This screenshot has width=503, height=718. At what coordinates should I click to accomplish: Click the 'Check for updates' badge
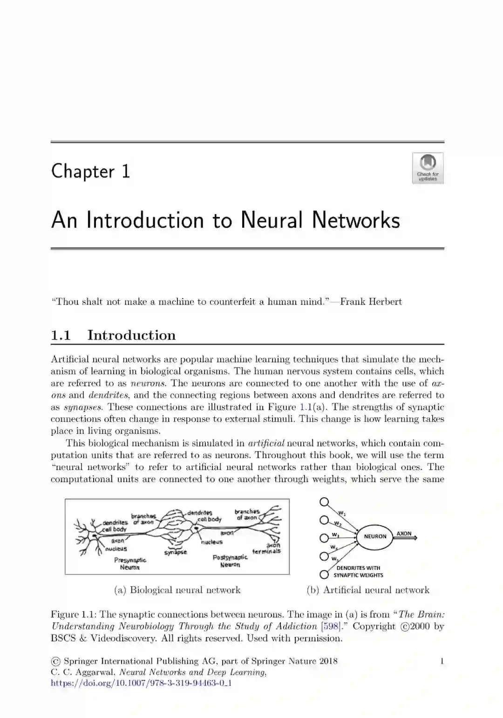click(x=428, y=168)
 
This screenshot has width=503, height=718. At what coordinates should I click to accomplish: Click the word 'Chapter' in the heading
click(x=83, y=171)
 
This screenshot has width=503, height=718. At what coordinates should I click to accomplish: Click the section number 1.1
click(x=61, y=335)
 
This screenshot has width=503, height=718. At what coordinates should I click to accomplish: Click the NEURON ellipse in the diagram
click(x=374, y=536)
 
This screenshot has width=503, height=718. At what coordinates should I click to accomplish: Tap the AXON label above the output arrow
click(x=404, y=534)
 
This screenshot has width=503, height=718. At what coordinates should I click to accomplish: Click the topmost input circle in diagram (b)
click(x=325, y=501)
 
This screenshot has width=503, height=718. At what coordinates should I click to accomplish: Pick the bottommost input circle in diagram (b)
click(x=324, y=574)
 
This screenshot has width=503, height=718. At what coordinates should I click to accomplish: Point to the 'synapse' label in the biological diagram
click(x=176, y=552)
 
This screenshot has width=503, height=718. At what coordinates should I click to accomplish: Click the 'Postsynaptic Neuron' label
click(x=230, y=561)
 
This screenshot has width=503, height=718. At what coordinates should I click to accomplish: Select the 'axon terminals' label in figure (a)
click(x=267, y=548)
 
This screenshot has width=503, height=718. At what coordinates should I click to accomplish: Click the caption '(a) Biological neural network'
click(x=177, y=590)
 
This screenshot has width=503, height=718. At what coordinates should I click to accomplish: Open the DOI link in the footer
click(x=141, y=683)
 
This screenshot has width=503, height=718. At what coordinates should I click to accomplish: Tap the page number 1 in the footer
click(x=442, y=661)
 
